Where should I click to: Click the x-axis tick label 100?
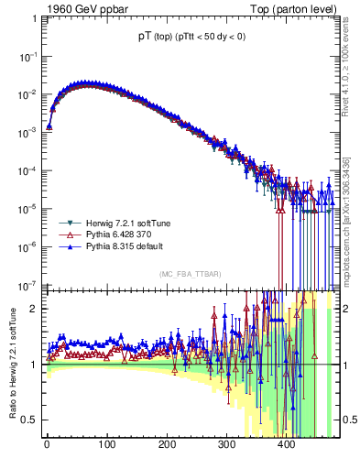pos(106,447)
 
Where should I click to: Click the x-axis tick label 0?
pos(47,447)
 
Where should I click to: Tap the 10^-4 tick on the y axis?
pos(28,170)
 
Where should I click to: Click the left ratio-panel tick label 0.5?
pos(29,420)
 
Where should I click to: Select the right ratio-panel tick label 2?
pos(346,309)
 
